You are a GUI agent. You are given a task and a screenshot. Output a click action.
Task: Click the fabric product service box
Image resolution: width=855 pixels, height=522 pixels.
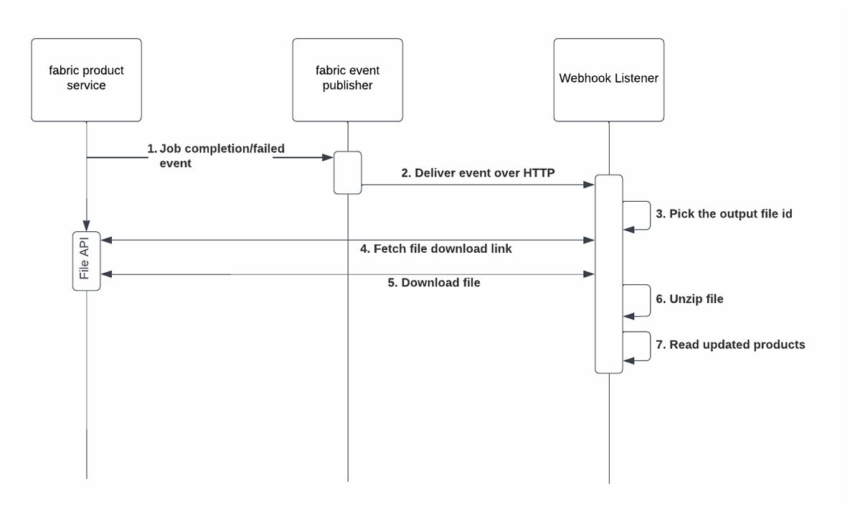tap(86, 79)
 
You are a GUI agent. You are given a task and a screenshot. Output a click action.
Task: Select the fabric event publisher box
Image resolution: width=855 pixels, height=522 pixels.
tap(347, 79)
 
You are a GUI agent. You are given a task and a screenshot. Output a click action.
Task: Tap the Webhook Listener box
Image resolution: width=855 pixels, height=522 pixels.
tap(608, 79)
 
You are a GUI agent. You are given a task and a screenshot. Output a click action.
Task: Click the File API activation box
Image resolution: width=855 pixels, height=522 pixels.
tap(86, 261)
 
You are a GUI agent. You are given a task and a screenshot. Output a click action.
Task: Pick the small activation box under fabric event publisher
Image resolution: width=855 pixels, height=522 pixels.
tap(347, 172)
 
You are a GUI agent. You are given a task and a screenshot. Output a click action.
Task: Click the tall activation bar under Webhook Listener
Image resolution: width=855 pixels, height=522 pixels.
tap(608, 274)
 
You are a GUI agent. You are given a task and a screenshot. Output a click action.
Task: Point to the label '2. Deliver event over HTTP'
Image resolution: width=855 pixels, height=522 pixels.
tap(478, 172)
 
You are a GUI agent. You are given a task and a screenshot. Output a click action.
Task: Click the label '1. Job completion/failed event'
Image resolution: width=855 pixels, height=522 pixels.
tap(215, 156)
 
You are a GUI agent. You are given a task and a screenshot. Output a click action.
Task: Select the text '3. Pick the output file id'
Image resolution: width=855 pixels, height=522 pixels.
tap(724, 214)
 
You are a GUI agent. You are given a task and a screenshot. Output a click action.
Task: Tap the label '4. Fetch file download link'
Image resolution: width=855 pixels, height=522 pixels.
tap(435, 248)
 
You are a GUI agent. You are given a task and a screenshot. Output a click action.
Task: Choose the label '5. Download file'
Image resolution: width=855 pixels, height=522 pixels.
tap(434, 283)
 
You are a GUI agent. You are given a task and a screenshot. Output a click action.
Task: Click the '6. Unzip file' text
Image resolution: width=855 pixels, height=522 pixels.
tap(689, 299)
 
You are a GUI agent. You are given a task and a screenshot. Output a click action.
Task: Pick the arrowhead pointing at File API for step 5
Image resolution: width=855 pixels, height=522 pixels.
tap(105, 274)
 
